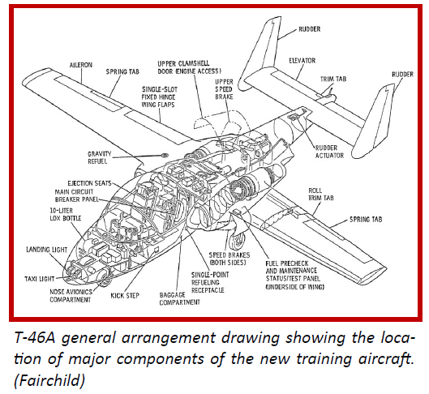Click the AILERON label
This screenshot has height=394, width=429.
click(x=81, y=65)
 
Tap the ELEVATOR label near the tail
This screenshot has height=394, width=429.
click(x=302, y=61)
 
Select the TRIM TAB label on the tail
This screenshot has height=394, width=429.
click(x=333, y=79)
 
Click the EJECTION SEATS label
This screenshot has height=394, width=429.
click(x=89, y=183)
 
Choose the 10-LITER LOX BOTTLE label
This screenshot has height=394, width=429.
click(x=66, y=214)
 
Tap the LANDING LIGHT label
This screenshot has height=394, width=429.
click(x=46, y=250)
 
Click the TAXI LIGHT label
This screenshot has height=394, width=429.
click(x=40, y=279)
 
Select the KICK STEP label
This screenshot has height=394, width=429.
click(x=125, y=296)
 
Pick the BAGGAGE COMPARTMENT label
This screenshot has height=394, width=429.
click(x=179, y=298)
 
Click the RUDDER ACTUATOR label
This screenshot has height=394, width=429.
click(x=329, y=152)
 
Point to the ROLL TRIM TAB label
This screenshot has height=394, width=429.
click(x=321, y=194)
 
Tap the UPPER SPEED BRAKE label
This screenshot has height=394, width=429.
click(x=224, y=89)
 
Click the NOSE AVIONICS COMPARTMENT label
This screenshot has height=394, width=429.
click(x=71, y=296)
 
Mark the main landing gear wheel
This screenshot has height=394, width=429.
click(x=237, y=241)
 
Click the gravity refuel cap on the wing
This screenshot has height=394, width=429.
click(x=165, y=156)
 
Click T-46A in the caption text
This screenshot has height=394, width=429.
click(x=35, y=338)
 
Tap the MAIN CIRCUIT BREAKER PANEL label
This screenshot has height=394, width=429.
click(x=76, y=195)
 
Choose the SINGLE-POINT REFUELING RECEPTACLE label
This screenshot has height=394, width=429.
click(x=210, y=282)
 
